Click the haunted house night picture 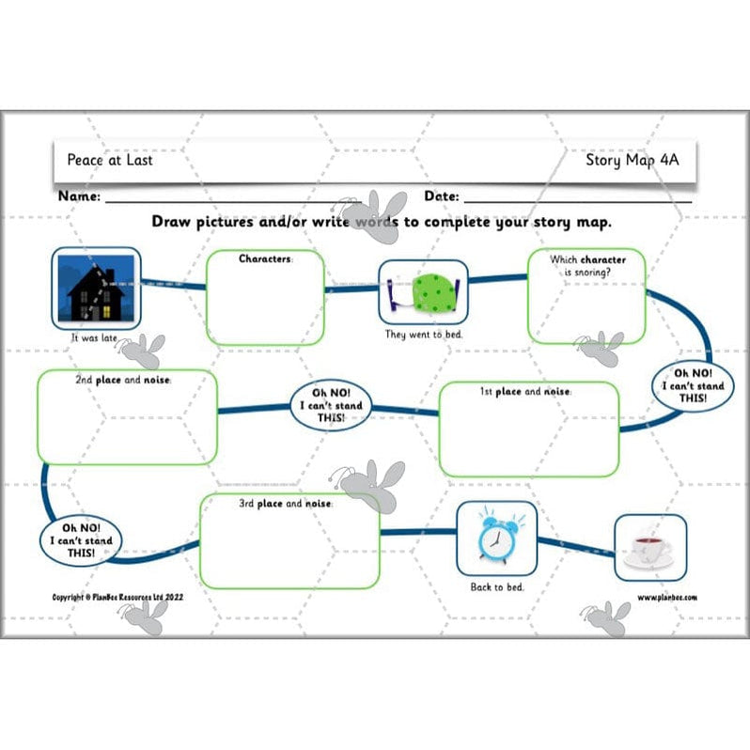(97, 284)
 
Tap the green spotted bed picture (422, 291)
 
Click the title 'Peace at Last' (110, 160)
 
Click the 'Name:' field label (79, 197)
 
